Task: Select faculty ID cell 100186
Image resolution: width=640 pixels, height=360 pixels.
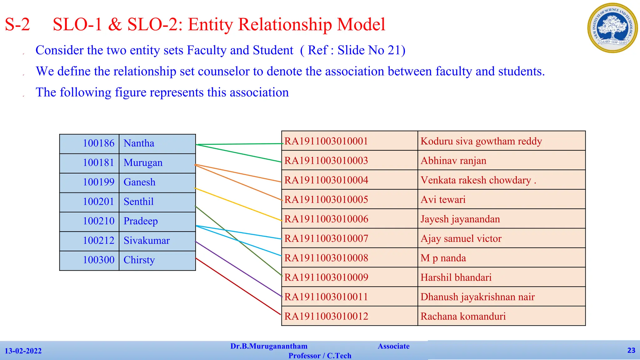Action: pyautogui.click(x=98, y=143)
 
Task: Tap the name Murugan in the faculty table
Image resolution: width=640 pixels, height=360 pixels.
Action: pyautogui.click(x=143, y=163)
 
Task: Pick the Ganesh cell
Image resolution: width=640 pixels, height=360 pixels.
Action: pyautogui.click(x=139, y=182)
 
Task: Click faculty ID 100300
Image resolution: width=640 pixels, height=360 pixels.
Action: pyautogui.click(x=98, y=260)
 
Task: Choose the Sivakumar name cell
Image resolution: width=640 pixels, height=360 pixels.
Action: pyautogui.click(x=147, y=241)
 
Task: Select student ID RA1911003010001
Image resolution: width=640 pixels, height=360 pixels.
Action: pyautogui.click(x=326, y=141)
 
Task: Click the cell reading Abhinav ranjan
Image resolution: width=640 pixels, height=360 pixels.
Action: pyautogui.click(x=453, y=161)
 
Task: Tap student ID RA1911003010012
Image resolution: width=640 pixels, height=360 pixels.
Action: pyautogui.click(x=326, y=316)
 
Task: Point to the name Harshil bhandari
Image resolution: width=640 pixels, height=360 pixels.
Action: pyautogui.click(x=456, y=277)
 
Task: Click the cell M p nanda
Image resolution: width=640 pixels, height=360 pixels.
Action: pyautogui.click(x=443, y=258)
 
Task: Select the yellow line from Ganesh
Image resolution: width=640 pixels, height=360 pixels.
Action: pyautogui.click(x=237, y=204)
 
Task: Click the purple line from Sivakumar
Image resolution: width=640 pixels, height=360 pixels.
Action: pyautogui.click(x=237, y=268)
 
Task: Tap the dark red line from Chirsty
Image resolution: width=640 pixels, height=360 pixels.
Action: pyautogui.click(x=237, y=286)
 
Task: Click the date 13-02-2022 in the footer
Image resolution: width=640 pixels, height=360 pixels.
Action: pyautogui.click(x=23, y=351)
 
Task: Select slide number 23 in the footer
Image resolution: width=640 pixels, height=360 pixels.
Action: pyautogui.click(x=631, y=350)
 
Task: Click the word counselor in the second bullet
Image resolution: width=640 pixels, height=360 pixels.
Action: pyautogui.click(x=223, y=72)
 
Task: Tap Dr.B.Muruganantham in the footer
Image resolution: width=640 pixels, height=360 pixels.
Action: pyautogui.click(x=269, y=346)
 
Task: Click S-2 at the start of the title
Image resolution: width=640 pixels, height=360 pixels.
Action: pyautogui.click(x=17, y=24)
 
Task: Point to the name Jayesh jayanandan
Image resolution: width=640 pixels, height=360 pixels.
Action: pyautogui.click(x=460, y=219)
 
